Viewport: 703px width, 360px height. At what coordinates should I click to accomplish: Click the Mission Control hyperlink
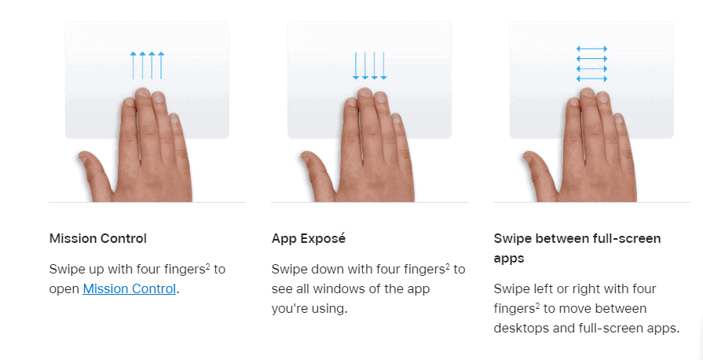click(x=129, y=288)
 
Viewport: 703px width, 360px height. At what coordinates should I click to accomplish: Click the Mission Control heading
click(x=97, y=238)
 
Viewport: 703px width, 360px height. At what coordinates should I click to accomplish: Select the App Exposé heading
click(x=309, y=238)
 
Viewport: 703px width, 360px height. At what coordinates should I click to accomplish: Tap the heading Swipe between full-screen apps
click(x=577, y=248)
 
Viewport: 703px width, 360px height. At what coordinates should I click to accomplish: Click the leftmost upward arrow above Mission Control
click(x=134, y=65)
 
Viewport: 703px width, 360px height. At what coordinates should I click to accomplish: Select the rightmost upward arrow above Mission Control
click(x=161, y=65)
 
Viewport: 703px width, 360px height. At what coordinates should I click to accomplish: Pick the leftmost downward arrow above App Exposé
click(x=356, y=65)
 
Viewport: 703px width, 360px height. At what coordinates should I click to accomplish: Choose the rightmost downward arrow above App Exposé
click(x=383, y=65)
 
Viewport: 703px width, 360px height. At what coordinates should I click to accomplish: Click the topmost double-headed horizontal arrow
click(x=591, y=49)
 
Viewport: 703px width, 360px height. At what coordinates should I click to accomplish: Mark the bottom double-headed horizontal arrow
click(x=591, y=79)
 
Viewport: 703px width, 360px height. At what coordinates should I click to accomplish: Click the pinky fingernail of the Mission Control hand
click(x=174, y=119)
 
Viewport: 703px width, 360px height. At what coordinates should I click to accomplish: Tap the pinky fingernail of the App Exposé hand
click(x=397, y=119)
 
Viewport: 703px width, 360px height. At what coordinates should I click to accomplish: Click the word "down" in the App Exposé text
click(x=328, y=270)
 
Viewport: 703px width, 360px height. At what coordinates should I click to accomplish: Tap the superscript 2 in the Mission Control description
click(x=208, y=266)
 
